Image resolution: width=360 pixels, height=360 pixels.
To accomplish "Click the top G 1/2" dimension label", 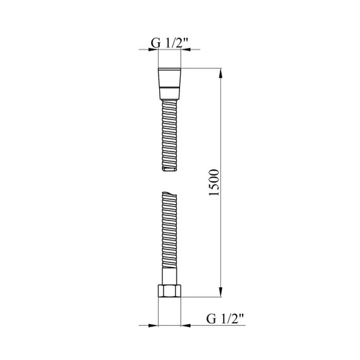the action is point(169,43).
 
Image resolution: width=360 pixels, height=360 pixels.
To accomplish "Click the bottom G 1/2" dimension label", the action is point(225,319).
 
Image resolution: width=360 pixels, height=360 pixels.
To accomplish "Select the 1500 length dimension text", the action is point(214,183).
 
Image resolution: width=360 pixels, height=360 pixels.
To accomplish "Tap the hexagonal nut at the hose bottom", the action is point(169,291).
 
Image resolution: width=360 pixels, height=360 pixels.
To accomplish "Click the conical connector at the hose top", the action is point(169,84).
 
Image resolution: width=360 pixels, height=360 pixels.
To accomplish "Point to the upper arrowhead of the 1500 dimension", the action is point(220,73).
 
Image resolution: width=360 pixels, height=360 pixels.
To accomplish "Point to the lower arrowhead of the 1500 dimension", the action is point(220,292).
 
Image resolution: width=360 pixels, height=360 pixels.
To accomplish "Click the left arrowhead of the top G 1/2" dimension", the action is point(153,49).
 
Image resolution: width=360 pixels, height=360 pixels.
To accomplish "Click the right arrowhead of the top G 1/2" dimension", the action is point(186,49).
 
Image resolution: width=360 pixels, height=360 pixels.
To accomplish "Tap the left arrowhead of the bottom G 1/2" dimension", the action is point(153,325).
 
